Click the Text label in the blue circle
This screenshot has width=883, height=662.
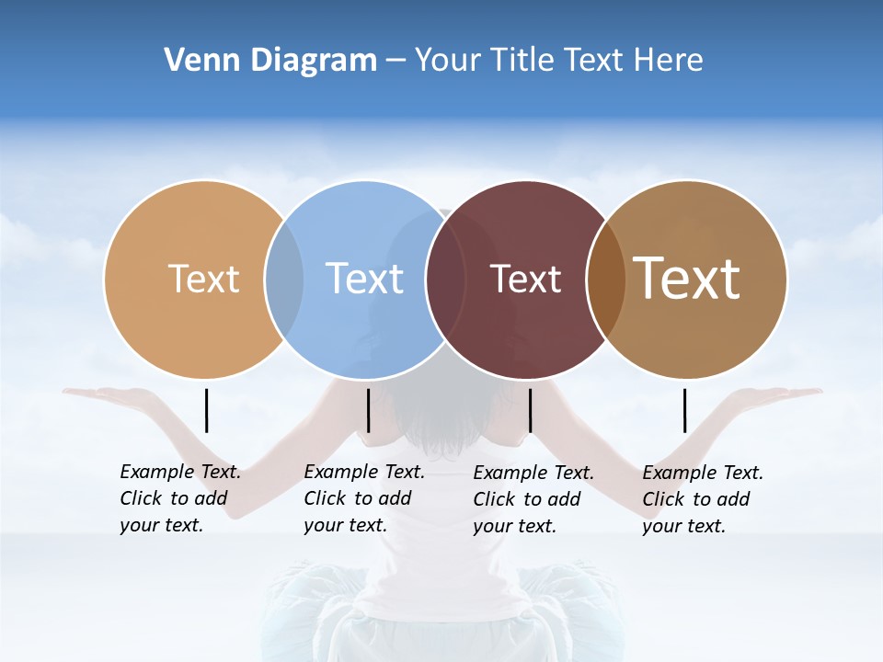[365, 279]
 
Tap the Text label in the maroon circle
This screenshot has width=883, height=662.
[525, 280]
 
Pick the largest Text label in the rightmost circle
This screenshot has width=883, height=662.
[687, 278]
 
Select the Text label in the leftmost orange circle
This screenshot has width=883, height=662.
[203, 279]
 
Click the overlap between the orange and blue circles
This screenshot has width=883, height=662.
[284, 280]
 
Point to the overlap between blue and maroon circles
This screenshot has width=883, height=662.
[444, 280]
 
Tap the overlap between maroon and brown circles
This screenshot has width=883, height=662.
[605, 280]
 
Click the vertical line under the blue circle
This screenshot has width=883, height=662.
[368, 410]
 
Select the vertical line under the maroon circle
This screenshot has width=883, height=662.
[530, 410]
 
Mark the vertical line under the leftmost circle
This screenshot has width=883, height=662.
[206, 410]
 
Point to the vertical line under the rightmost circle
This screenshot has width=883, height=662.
[684, 410]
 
